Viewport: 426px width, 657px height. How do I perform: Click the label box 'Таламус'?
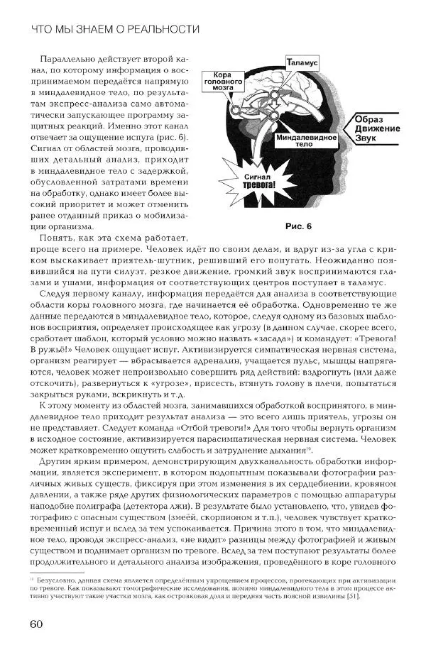click(302, 64)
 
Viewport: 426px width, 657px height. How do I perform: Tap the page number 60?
click(38, 624)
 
